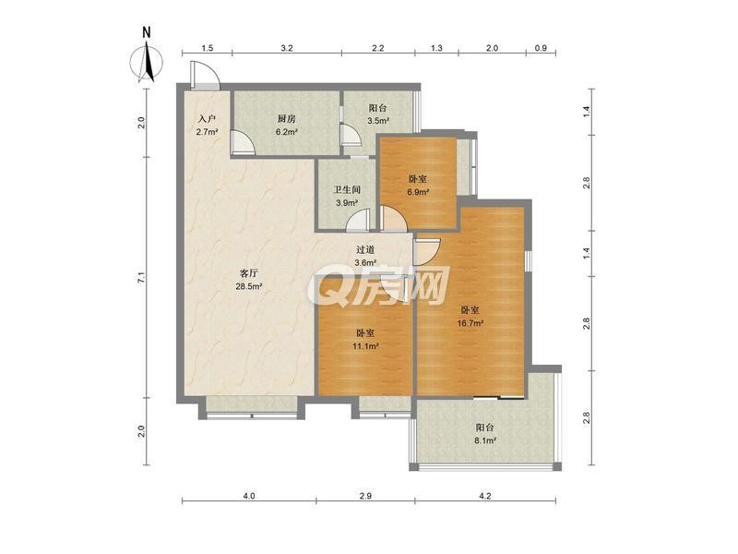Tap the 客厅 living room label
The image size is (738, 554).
[x=248, y=272]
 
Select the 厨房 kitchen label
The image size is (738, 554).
[x=286, y=119]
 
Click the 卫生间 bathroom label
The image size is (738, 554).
[x=347, y=190]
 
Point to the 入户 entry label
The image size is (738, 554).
[x=207, y=119]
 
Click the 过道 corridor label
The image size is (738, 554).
[x=364, y=249]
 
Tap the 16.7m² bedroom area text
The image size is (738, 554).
[x=470, y=323]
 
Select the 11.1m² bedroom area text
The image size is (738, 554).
[x=365, y=346]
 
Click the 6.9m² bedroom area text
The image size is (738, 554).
[x=418, y=192]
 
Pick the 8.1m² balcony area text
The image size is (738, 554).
[x=485, y=441]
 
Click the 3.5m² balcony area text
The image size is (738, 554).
[x=378, y=121]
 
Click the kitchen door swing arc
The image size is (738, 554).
[x=243, y=143]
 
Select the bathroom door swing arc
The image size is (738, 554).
[x=359, y=221]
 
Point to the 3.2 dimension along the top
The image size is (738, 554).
[x=287, y=48]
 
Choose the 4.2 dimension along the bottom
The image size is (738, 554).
[x=485, y=496]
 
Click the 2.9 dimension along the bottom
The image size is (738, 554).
[x=365, y=496]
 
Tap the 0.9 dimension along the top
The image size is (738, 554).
[x=542, y=48]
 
